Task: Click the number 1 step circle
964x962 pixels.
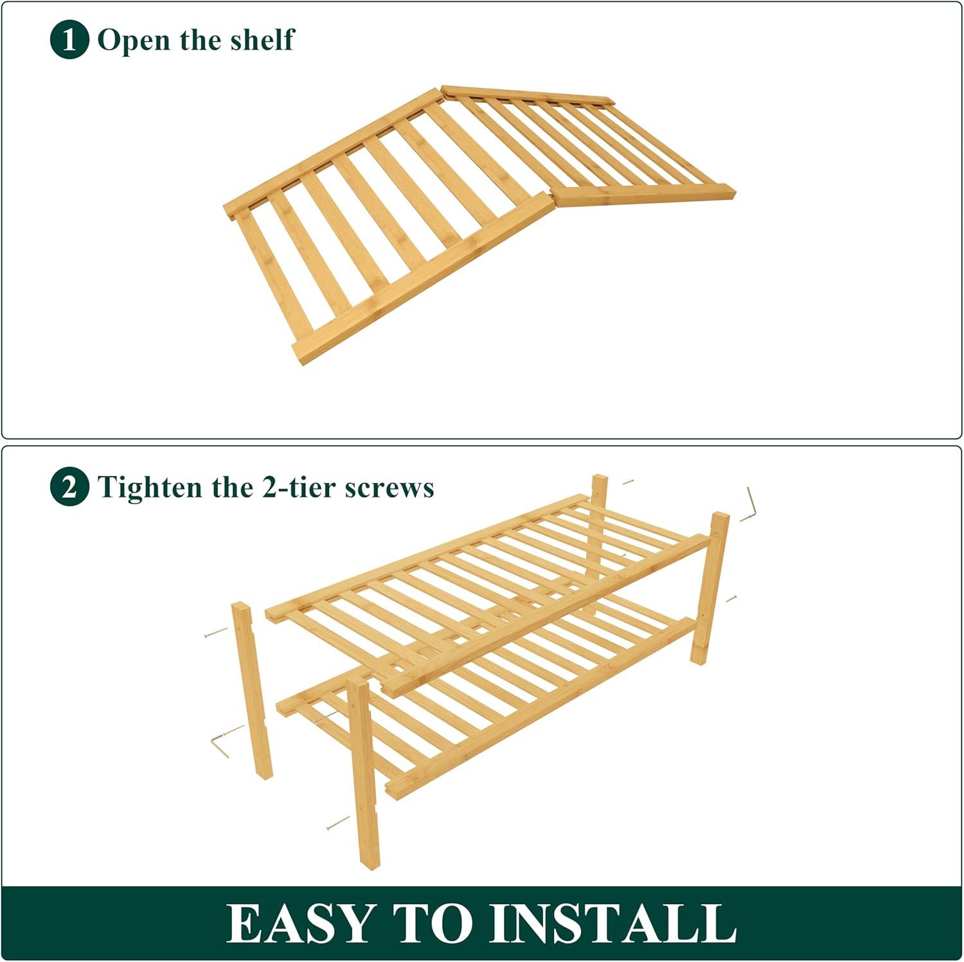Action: [x=69, y=40]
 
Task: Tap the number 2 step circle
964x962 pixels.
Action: [x=69, y=487]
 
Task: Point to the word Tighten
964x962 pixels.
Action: [x=150, y=488]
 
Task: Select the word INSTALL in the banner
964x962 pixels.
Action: [x=613, y=923]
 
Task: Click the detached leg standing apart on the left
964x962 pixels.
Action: [x=252, y=691]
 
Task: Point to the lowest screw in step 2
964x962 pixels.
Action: [x=338, y=822]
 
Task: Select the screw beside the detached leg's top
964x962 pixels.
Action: [x=216, y=632]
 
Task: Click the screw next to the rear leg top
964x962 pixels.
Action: [x=628, y=481]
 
